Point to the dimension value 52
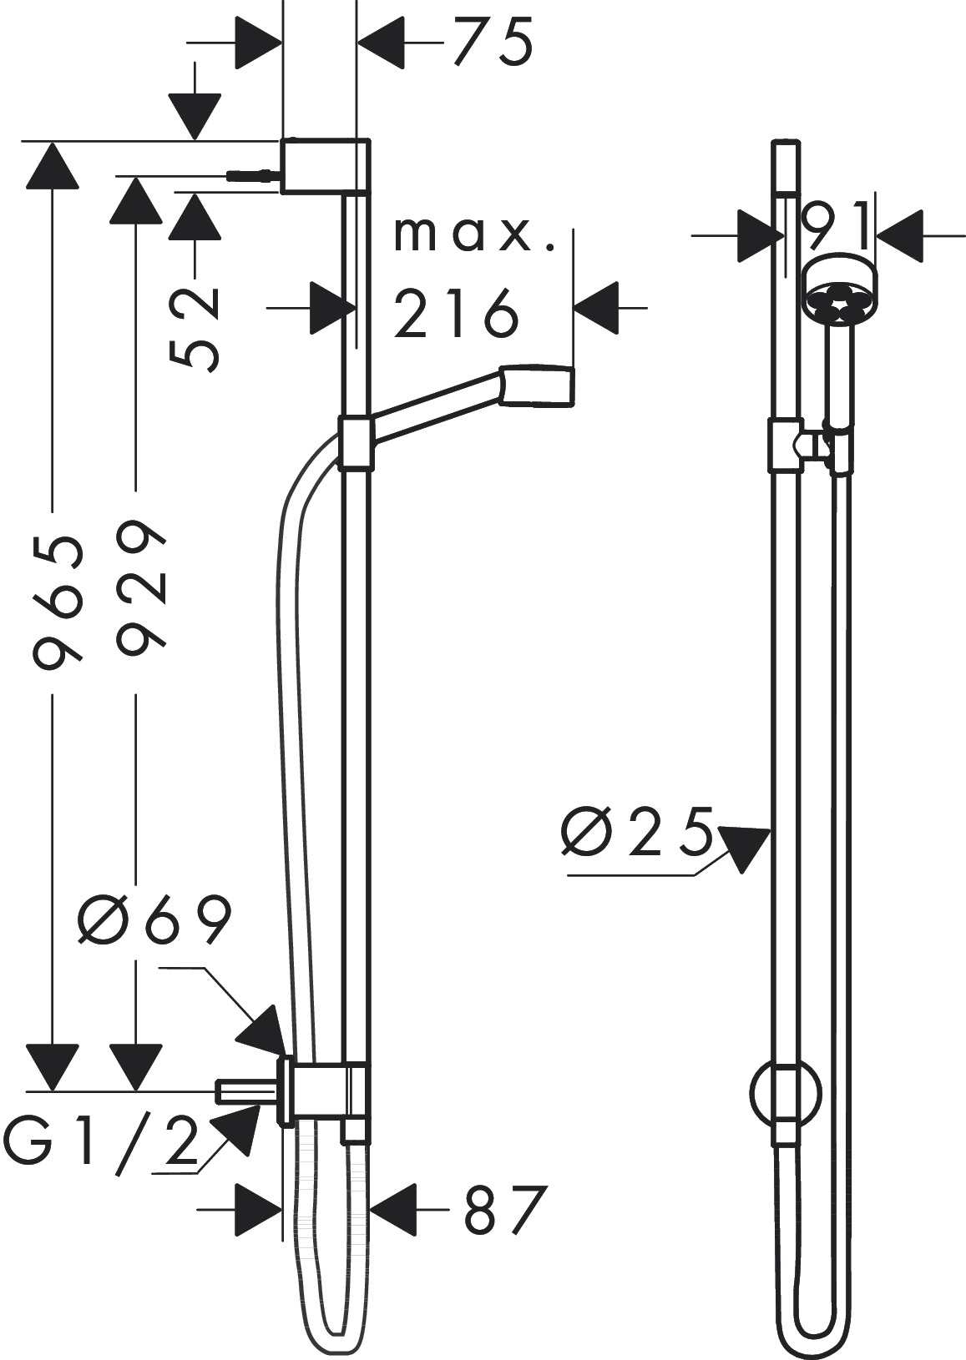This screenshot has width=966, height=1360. [195, 327]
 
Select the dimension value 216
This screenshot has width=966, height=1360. [456, 314]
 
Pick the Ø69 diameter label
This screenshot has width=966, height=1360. [154, 922]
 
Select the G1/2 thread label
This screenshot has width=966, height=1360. [100, 1144]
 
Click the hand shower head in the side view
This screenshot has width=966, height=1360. [538, 385]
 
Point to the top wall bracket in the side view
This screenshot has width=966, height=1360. [326, 167]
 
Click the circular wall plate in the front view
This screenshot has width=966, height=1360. [786, 1093]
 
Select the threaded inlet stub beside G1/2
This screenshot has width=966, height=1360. [246, 1091]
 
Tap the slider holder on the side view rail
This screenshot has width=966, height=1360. [356, 442]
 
